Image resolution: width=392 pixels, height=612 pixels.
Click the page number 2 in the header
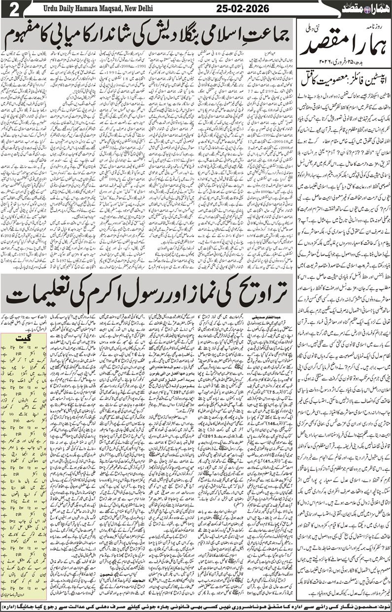pos(8,9)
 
